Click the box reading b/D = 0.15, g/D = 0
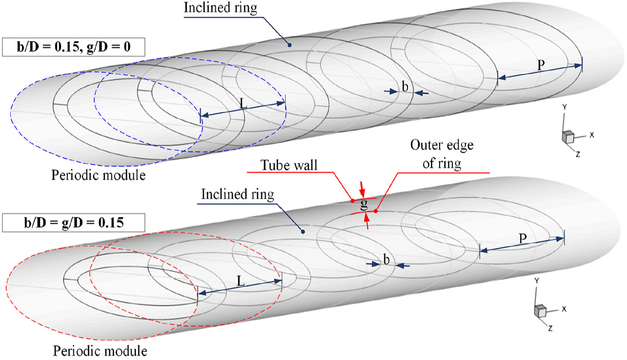[74, 47]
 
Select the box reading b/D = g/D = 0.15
[74, 223]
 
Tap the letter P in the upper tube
[541, 65]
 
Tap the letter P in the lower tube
[522, 238]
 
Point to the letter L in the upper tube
[244, 104]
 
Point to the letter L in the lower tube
[241, 281]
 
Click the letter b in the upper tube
[405, 87]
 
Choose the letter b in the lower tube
[386, 260]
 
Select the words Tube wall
[289, 165]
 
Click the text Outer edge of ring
[442, 154]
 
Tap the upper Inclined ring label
[221, 8]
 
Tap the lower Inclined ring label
[238, 194]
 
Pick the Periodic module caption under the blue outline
[98, 176]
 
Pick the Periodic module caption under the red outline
[100, 351]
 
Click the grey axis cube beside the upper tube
[568, 137]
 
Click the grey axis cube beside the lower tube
[540, 311]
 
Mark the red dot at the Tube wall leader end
[353, 201]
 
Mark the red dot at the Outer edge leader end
[376, 211]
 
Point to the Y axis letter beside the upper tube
[565, 107]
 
